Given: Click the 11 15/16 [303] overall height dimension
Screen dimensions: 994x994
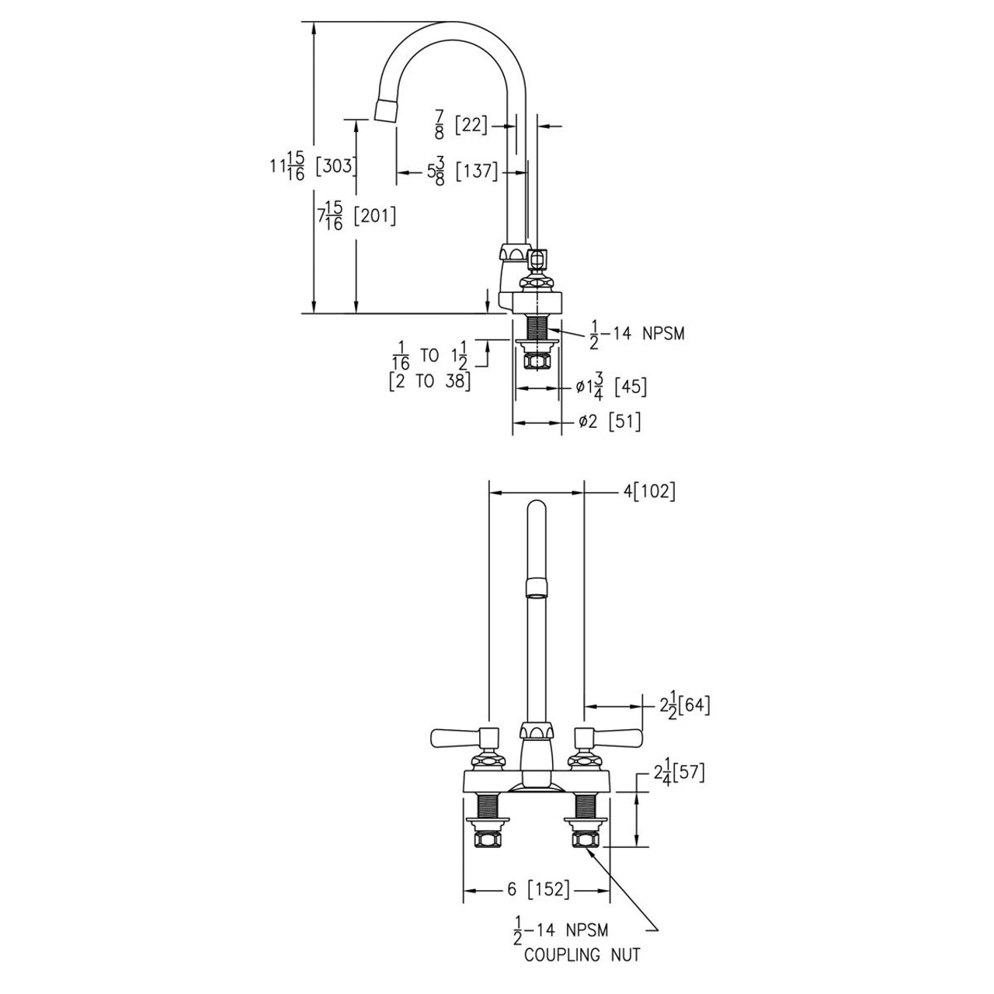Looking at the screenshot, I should (311, 165).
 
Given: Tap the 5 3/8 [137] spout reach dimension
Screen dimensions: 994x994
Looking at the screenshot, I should (461, 171).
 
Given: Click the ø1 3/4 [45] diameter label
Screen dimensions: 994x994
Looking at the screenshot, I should (610, 387).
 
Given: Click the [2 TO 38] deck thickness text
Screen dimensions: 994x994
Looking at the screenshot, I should (429, 382).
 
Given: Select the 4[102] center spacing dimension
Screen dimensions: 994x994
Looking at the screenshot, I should (649, 492).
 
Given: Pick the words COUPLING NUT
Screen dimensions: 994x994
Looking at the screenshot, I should (582, 954).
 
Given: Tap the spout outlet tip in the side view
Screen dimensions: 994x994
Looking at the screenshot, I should (386, 110).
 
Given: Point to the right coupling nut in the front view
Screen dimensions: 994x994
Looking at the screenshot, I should (585, 839).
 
